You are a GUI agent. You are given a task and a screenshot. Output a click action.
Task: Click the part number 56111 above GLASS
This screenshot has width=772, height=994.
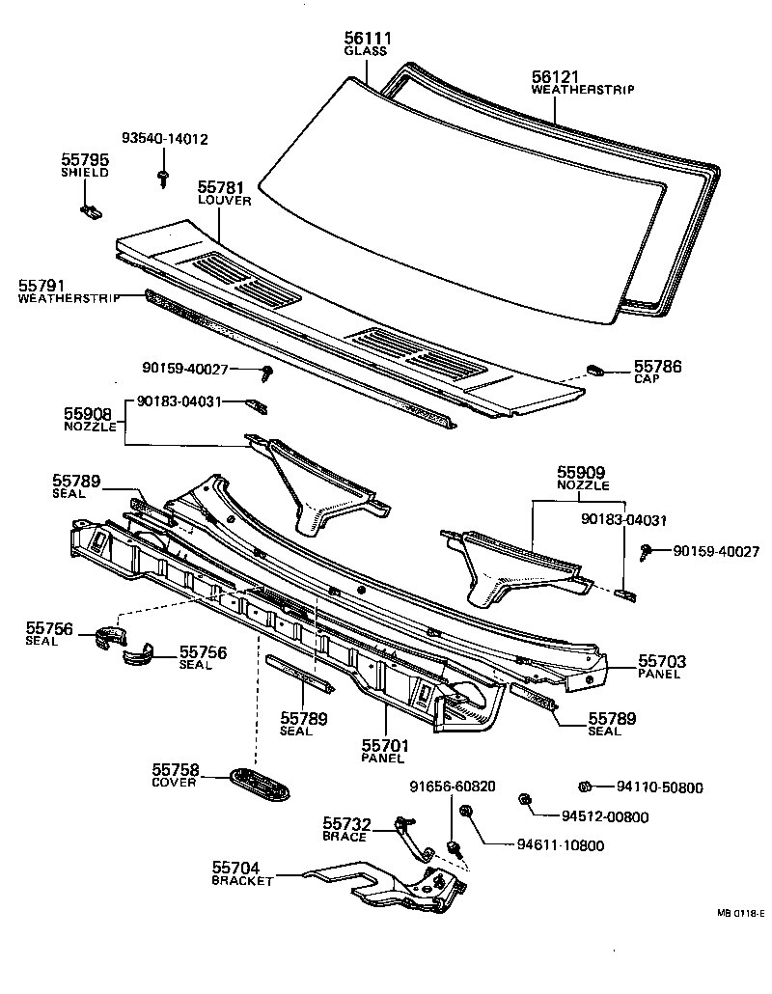[x=367, y=38]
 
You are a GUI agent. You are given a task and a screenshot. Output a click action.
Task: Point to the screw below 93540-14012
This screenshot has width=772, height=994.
[x=164, y=176]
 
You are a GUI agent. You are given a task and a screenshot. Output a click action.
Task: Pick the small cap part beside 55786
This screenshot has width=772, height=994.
[x=595, y=369]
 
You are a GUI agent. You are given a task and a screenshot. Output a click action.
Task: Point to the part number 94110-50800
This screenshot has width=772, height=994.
[x=660, y=787]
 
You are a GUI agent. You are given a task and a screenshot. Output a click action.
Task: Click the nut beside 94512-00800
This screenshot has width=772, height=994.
[x=525, y=799]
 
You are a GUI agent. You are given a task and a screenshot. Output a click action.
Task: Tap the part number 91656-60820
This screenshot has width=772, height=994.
[x=453, y=787]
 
